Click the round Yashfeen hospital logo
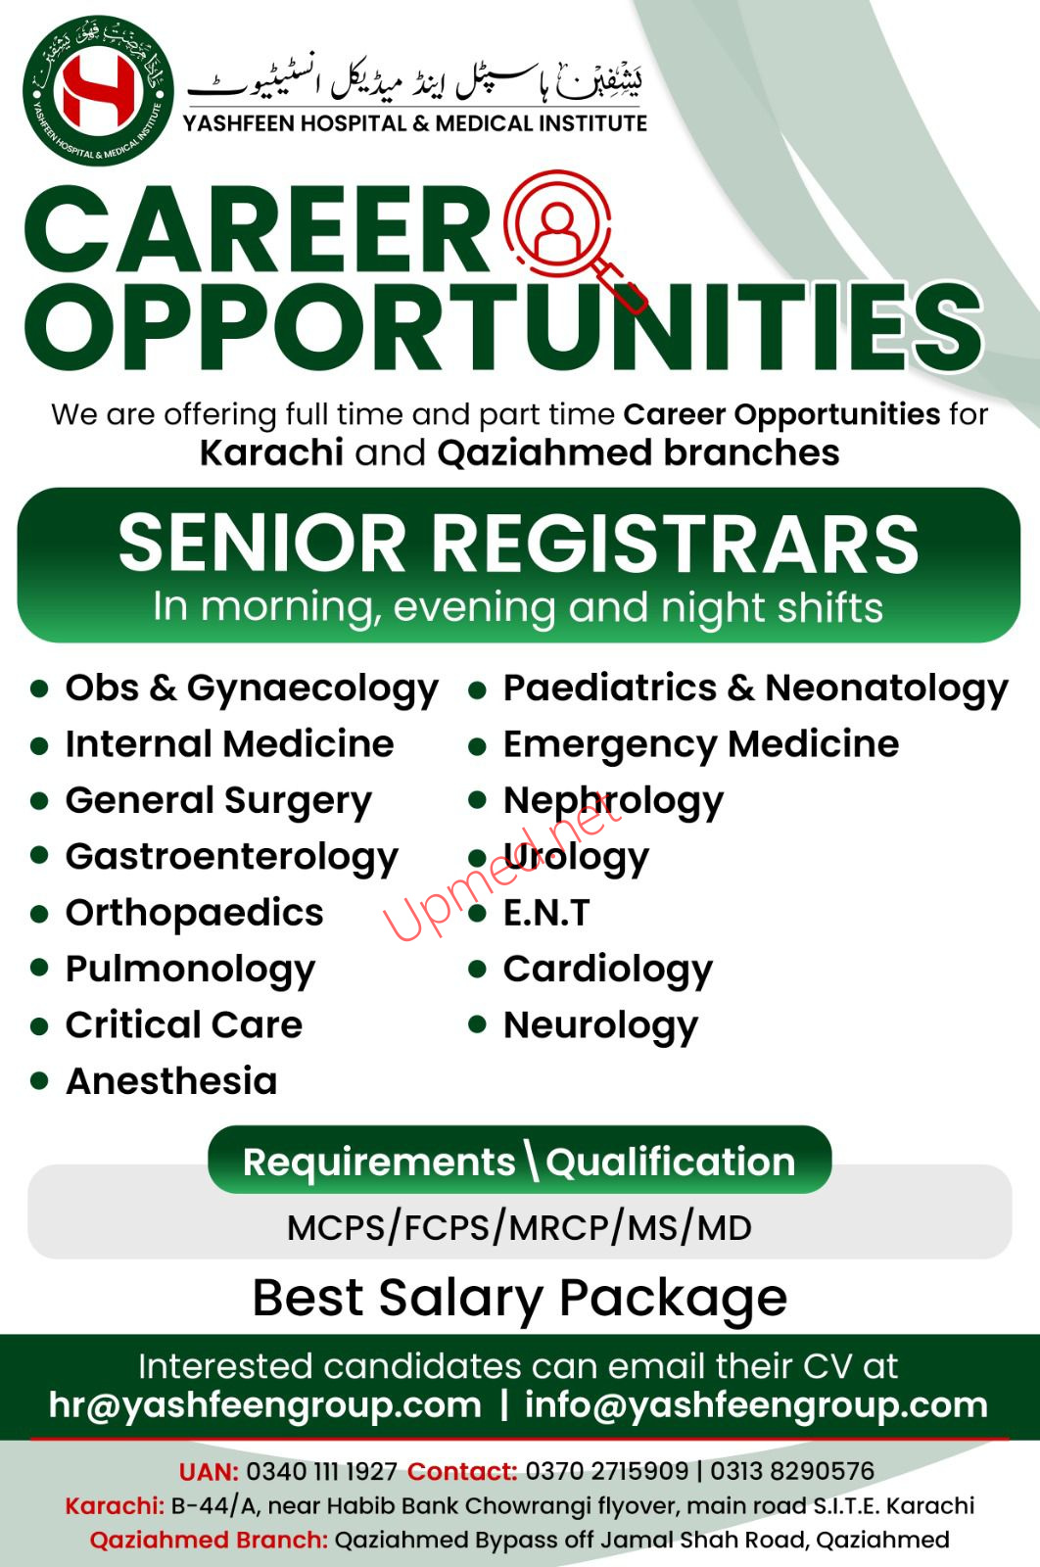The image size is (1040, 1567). click(98, 90)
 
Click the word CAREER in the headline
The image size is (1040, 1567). click(259, 229)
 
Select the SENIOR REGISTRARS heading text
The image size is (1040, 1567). click(518, 544)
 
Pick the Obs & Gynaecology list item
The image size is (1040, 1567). click(252, 689)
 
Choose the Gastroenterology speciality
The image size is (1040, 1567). click(232, 858)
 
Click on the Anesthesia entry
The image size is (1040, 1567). click(172, 1081)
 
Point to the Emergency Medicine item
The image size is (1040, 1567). click(701, 745)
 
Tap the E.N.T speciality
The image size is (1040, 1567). click(546, 913)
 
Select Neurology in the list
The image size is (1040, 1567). click(600, 1027)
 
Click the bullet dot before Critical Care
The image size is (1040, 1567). click(39, 1026)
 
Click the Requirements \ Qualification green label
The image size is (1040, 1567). click(520, 1162)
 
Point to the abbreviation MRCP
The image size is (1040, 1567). click(560, 1228)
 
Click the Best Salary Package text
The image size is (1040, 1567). click(520, 1299)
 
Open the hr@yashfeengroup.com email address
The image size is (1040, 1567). click(265, 1405)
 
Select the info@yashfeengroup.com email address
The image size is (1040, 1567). click(756, 1405)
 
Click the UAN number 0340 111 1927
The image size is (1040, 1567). click(322, 1472)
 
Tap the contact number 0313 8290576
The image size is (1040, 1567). click(792, 1471)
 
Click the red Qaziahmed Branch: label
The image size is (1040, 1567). click(209, 1540)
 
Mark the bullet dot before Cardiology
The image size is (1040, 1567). click(477, 969)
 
